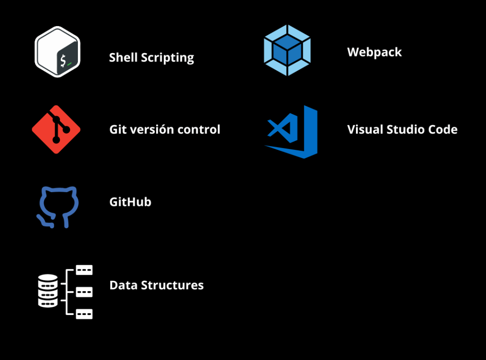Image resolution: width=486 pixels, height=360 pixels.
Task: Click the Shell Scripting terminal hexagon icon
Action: [57, 52]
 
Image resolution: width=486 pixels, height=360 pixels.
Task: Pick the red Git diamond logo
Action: [56, 129]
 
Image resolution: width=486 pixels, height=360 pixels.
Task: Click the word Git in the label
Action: [117, 129]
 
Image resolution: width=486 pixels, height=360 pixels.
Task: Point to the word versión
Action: [150, 129]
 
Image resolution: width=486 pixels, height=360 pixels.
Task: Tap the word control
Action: [200, 129]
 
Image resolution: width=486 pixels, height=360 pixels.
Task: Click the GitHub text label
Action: [130, 202]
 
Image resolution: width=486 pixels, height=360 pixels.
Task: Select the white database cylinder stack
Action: [48, 290]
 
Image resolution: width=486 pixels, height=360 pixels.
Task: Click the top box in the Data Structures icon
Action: [84, 270]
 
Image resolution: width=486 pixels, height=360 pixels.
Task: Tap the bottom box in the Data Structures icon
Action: [84, 314]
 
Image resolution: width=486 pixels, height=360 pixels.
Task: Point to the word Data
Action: [122, 286]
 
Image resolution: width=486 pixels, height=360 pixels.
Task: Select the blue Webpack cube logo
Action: [287, 50]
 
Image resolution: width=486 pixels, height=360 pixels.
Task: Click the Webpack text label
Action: [374, 52]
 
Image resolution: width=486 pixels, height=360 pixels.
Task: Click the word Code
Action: [443, 129]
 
